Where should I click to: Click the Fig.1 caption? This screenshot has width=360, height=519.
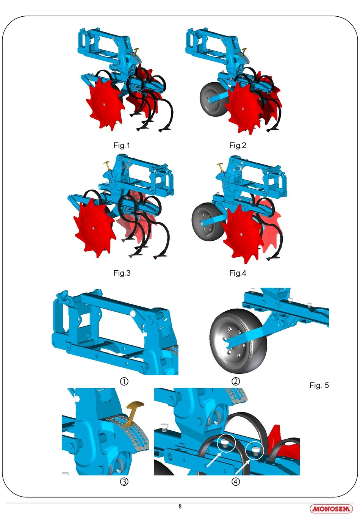(x=122, y=145)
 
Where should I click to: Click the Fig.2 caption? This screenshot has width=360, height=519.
(x=238, y=145)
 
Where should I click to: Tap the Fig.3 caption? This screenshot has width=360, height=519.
(x=122, y=273)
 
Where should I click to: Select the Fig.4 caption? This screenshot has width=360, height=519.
(x=238, y=273)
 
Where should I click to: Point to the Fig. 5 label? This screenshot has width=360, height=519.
(x=319, y=385)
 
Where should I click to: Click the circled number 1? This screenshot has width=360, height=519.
(x=124, y=381)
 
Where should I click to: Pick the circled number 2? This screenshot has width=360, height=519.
(x=236, y=381)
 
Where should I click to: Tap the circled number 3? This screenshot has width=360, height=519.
(x=124, y=482)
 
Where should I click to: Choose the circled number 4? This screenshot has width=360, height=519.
(x=236, y=482)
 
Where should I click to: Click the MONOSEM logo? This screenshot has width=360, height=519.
(x=331, y=509)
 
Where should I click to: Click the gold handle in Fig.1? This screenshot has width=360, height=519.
(x=137, y=50)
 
